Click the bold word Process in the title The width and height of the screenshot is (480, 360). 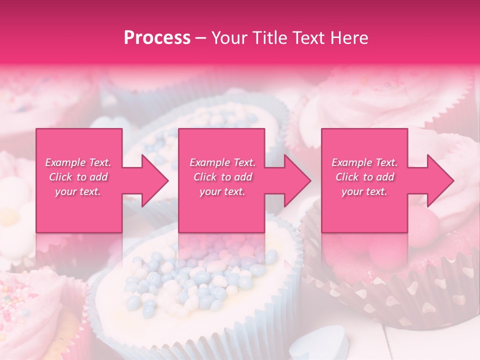pyautogui.click(x=157, y=38)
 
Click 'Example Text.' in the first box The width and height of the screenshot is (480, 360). pyautogui.click(x=78, y=162)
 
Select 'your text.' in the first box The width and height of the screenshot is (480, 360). pyautogui.click(x=78, y=191)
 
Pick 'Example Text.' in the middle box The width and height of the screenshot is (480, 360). pyautogui.click(x=222, y=162)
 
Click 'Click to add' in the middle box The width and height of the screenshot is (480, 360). pyautogui.click(x=222, y=177)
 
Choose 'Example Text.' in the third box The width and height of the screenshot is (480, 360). pyautogui.click(x=364, y=162)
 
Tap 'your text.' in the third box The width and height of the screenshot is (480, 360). pyautogui.click(x=364, y=191)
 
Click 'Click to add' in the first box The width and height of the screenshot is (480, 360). pyautogui.click(x=78, y=177)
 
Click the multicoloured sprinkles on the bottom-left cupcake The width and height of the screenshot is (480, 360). pyautogui.click(x=20, y=300)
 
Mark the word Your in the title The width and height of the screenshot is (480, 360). pyautogui.click(x=228, y=38)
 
